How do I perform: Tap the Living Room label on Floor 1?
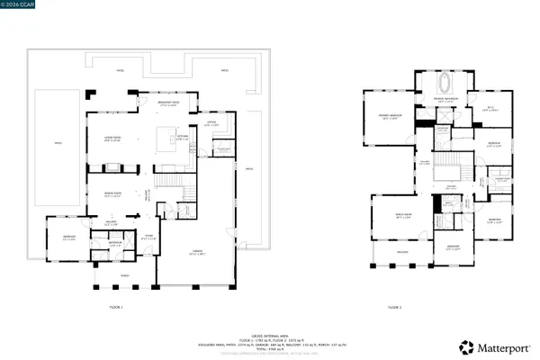point(112,139)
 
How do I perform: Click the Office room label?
point(211,124)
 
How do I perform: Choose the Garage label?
point(197,251)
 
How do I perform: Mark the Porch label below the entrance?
point(125,274)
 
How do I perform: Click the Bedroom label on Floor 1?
point(68,238)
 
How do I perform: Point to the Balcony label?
point(403,252)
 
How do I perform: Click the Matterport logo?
point(491,345)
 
